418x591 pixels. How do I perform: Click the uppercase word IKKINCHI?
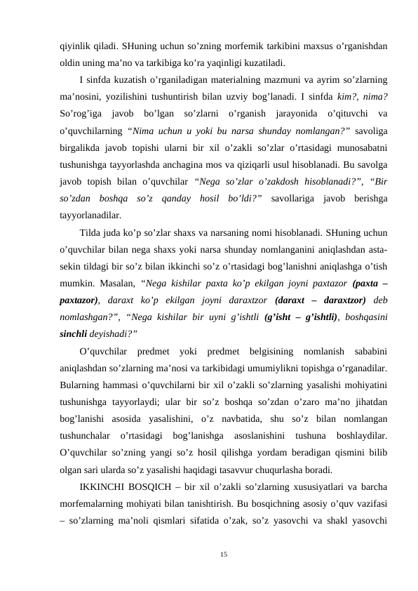[x=102, y=486]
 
